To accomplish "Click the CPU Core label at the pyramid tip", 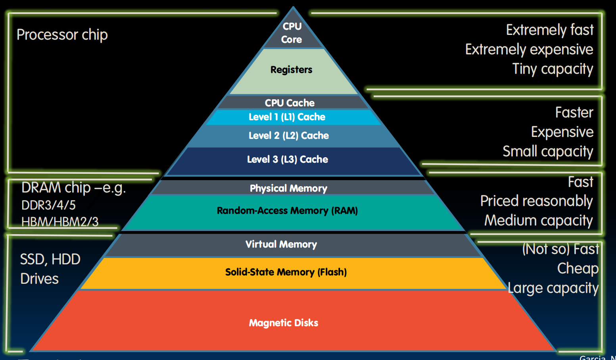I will click(292, 33).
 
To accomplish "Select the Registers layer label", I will click(291, 70).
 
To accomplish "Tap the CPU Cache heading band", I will click(290, 103).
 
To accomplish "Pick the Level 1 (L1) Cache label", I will click(287, 117).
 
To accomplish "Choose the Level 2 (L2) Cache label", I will click(288, 136).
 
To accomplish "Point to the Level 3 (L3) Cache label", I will click(287, 160).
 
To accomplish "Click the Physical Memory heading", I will click(288, 188).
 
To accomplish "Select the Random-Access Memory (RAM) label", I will click(287, 211).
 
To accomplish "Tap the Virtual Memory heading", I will click(281, 244).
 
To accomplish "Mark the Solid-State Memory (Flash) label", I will click(286, 272).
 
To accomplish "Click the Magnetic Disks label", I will click(283, 323).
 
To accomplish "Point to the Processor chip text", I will click(62, 35).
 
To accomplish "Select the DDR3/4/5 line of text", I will click(48, 205).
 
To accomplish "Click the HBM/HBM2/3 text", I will click(60, 221).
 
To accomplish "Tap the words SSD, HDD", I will click(50, 260).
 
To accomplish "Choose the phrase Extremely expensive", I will click(529, 50).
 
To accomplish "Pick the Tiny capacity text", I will click(552, 69).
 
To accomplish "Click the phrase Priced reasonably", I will click(536, 201).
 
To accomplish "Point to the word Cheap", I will click(578, 269).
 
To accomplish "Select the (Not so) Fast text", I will click(560, 249).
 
